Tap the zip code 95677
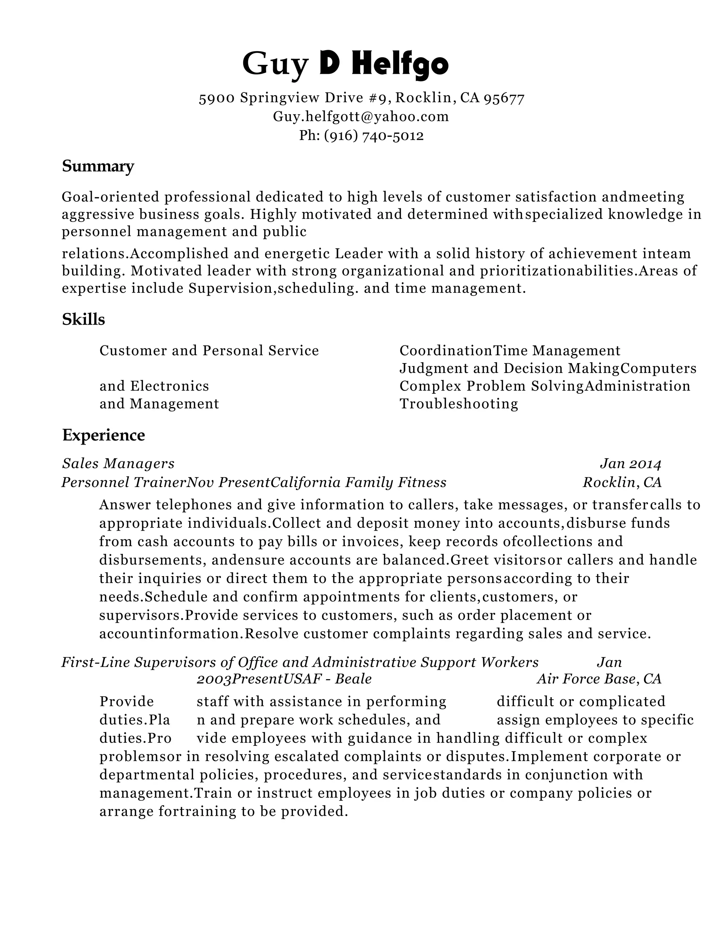(504, 99)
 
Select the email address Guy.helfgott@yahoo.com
(361, 116)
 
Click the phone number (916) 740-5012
(374, 136)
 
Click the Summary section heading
(98, 166)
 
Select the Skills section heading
(84, 319)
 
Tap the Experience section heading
(104, 435)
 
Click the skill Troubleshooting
(459, 404)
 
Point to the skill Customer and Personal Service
(209, 351)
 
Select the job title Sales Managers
(118, 463)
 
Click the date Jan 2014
(631, 464)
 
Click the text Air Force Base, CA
(599, 679)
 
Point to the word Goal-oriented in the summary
(110, 197)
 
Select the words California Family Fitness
(359, 482)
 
